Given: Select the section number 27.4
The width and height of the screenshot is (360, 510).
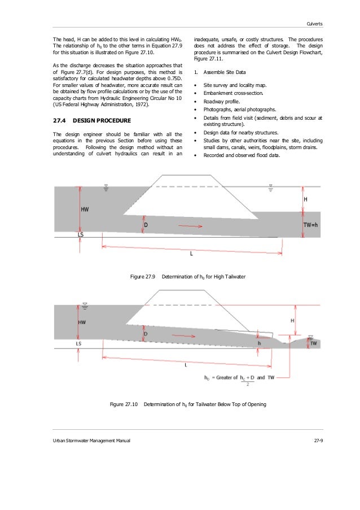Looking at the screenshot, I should (x=58, y=121).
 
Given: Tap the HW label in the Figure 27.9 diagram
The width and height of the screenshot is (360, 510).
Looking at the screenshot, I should (x=85, y=209).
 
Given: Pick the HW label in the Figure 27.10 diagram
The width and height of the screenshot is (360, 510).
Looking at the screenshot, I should (x=82, y=322).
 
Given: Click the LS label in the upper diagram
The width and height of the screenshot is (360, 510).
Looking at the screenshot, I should (x=81, y=233).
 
